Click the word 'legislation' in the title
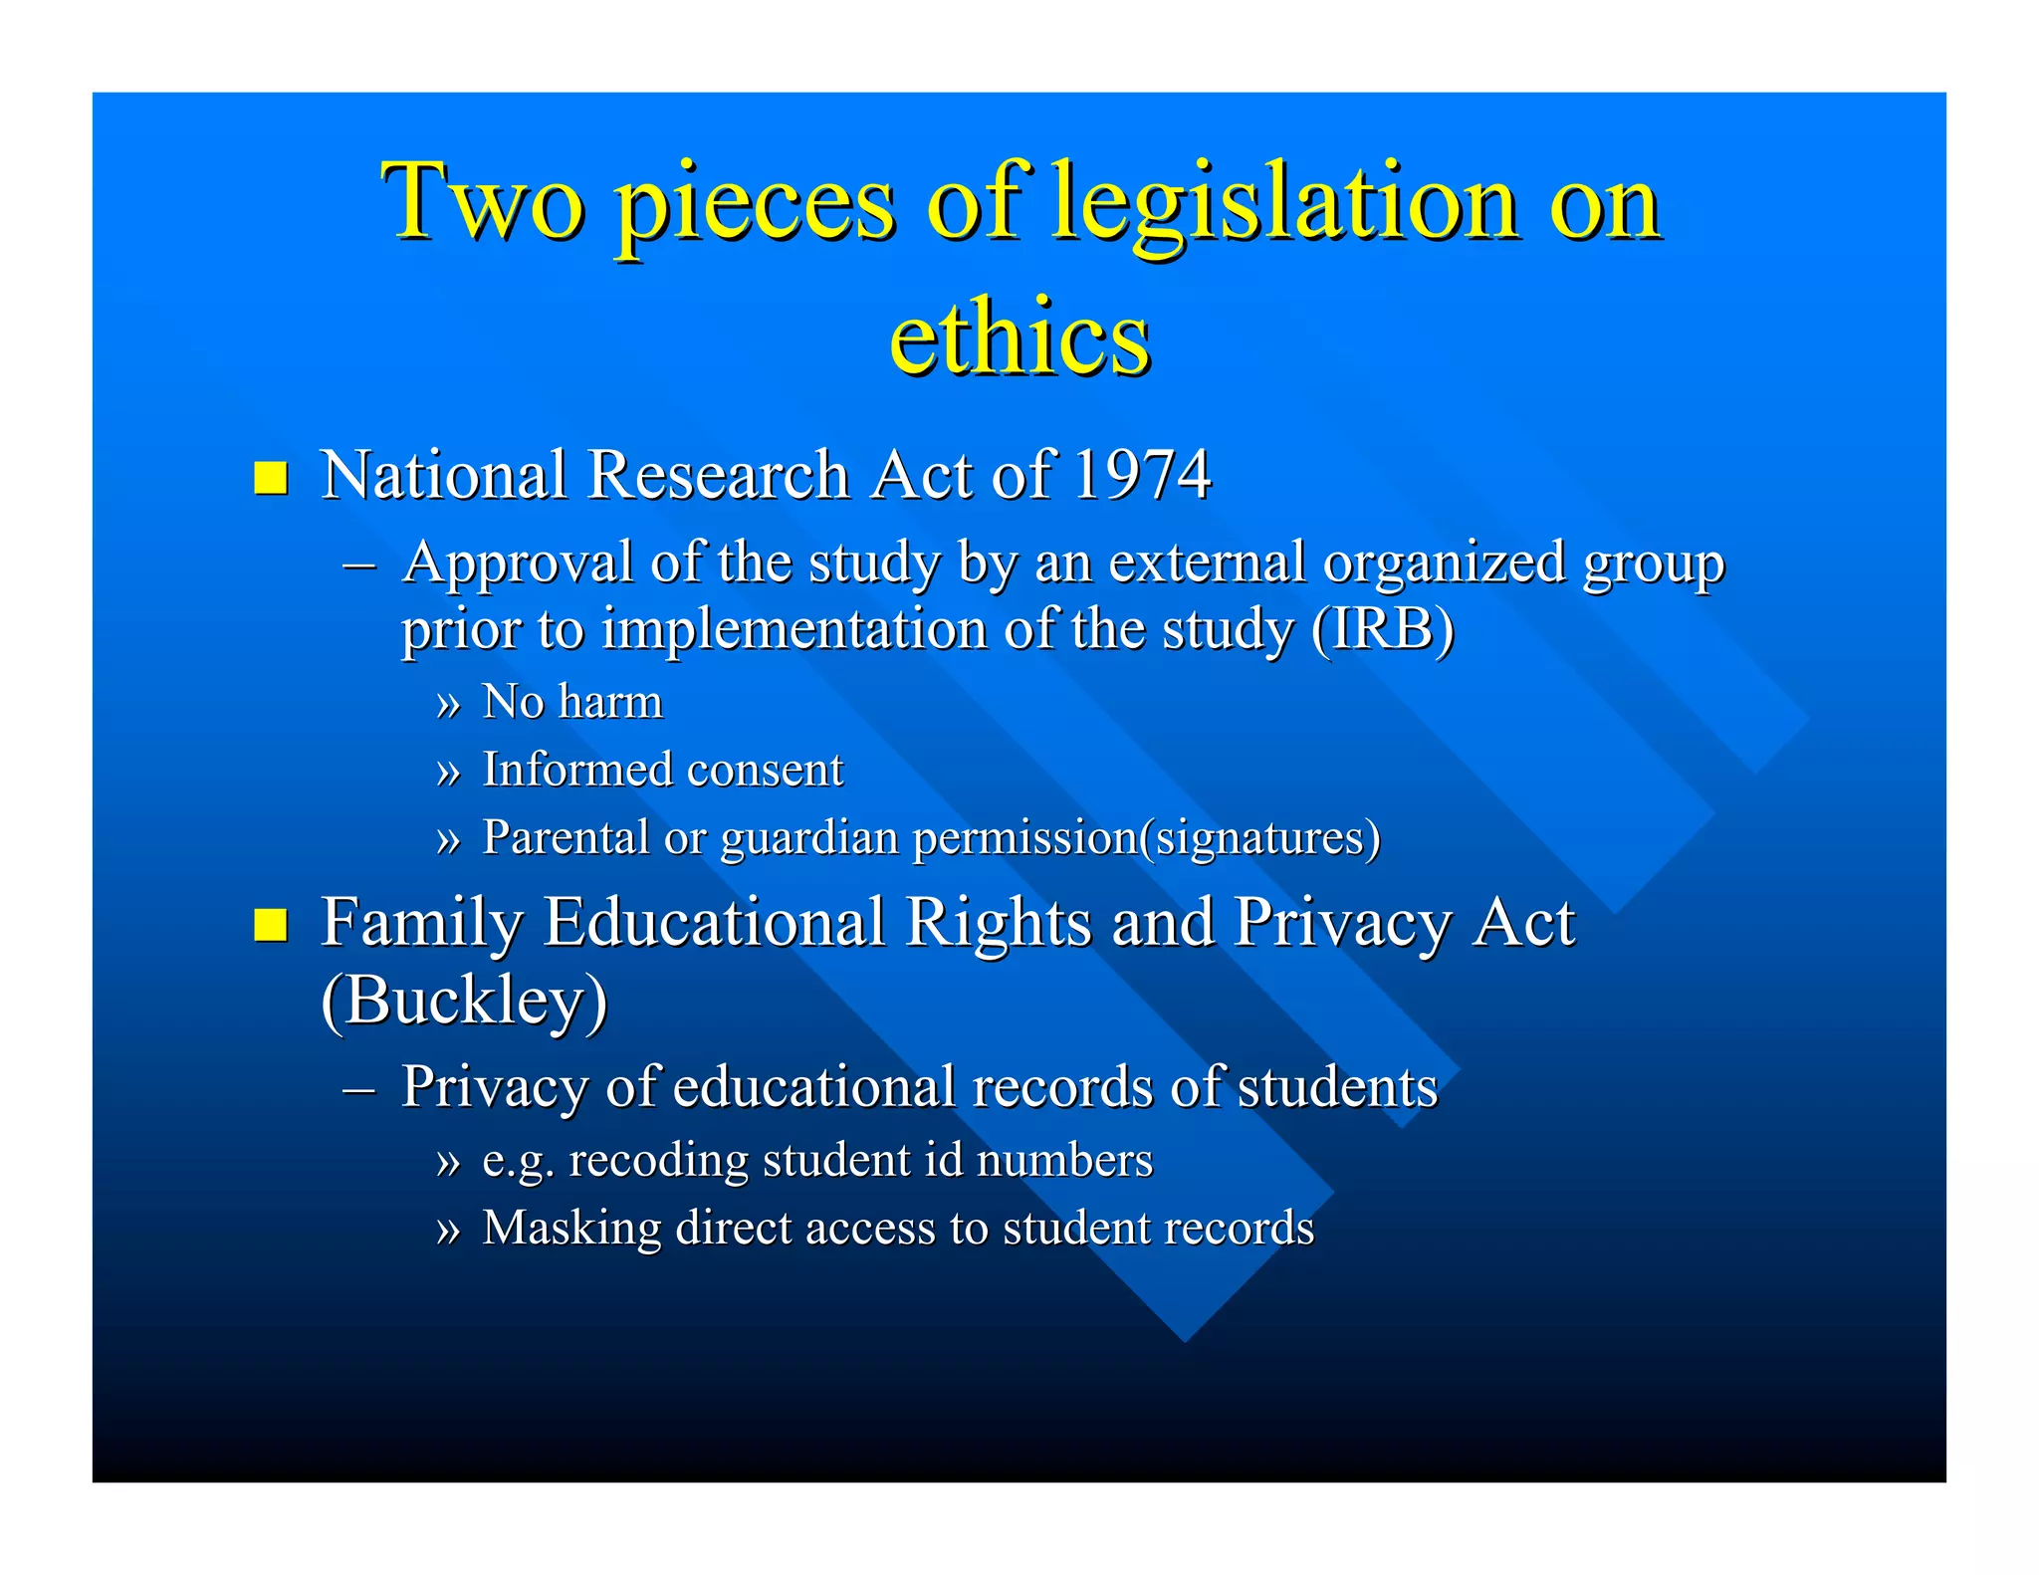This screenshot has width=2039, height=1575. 1285,203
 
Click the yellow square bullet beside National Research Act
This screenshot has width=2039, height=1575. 271,478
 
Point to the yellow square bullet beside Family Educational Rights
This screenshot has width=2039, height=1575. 271,925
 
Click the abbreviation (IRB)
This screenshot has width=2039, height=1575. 1383,629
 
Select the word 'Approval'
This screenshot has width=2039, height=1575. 518,563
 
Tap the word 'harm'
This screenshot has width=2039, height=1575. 610,702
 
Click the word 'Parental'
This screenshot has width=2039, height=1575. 566,837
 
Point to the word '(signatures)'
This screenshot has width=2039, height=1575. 1260,838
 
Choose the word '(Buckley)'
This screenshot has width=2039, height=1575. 464,1000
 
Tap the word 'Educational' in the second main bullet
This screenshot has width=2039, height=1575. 714,922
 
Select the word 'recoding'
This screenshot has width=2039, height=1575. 658,1161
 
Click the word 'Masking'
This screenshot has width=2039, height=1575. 571,1229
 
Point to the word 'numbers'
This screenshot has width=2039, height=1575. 1064,1160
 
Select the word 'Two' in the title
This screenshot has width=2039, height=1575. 483,203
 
